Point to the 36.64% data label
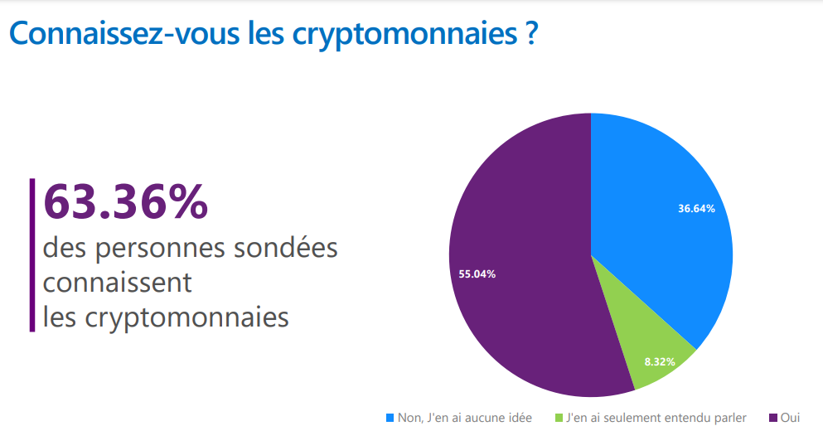pyautogui.click(x=696, y=209)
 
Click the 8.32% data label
pyautogui.click(x=660, y=362)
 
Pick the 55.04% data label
pyautogui.click(x=477, y=274)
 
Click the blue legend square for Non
pyautogui.click(x=390, y=417)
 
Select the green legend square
pyautogui.click(x=559, y=417)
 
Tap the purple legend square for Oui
pyautogui.click(x=773, y=417)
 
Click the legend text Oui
pyautogui.click(x=790, y=417)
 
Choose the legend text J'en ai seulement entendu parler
pyautogui.click(x=656, y=417)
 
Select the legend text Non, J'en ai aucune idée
pyautogui.click(x=465, y=417)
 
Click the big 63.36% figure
pyautogui.click(x=125, y=202)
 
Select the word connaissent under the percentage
pyautogui.click(x=117, y=283)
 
